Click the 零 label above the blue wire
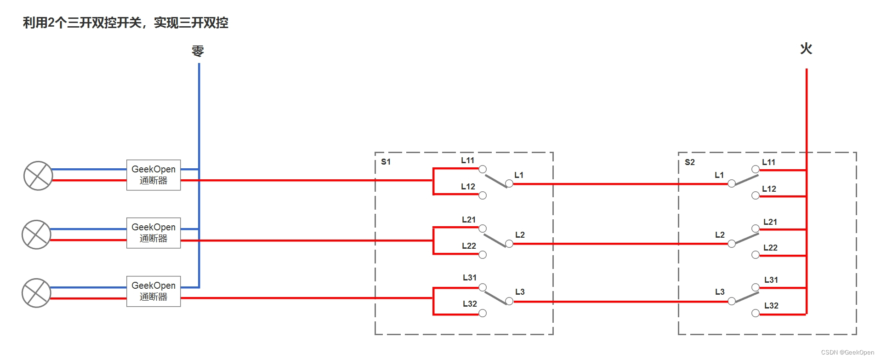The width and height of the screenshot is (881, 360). pyautogui.click(x=198, y=51)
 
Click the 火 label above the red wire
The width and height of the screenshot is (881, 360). pyautogui.click(x=806, y=48)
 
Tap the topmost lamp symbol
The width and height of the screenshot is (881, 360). pyautogui.click(x=38, y=176)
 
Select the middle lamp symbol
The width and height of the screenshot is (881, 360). pyautogui.click(x=36, y=234)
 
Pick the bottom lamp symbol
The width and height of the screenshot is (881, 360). pyautogui.click(x=36, y=293)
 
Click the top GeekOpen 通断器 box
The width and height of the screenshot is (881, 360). pyautogui.click(x=153, y=175)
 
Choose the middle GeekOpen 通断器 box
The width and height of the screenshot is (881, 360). pyautogui.click(x=153, y=233)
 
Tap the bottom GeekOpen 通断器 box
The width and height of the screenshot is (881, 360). pyautogui.click(x=153, y=291)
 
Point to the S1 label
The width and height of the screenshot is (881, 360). pyautogui.click(x=386, y=162)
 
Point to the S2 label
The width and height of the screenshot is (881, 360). pyautogui.click(x=689, y=162)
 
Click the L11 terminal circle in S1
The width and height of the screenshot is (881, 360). pyautogui.click(x=483, y=169)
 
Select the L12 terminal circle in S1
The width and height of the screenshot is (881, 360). pyautogui.click(x=483, y=195)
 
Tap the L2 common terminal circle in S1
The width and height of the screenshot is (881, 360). pyautogui.click(x=509, y=244)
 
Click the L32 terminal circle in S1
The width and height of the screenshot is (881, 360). pyautogui.click(x=483, y=313)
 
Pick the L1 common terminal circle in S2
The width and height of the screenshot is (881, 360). pyautogui.click(x=732, y=183)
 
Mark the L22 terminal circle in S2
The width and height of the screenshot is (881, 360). pyautogui.click(x=756, y=255)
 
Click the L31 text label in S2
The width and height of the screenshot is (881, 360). pyautogui.click(x=771, y=280)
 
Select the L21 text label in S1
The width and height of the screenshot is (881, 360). pyautogui.click(x=469, y=220)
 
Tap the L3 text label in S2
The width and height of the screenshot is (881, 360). pyautogui.click(x=720, y=292)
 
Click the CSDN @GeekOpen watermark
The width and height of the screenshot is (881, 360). pyautogui.click(x=847, y=352)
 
